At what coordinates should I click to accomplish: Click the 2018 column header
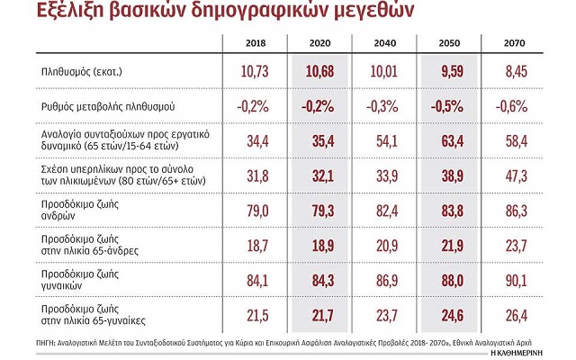point(256,42)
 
